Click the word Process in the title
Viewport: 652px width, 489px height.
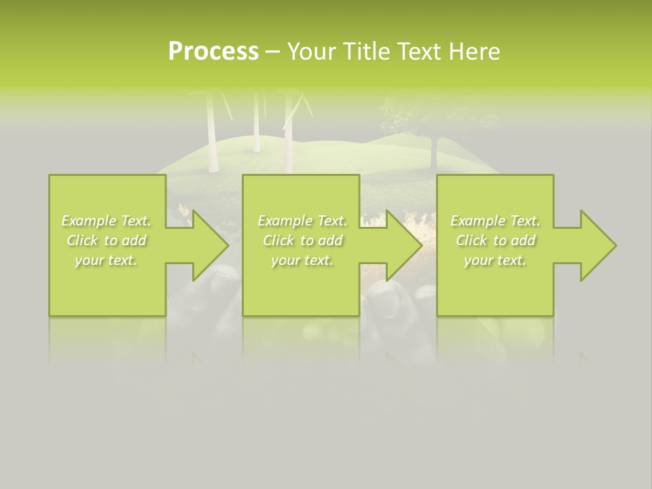coord(213,52)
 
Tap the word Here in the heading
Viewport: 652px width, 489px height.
coord(475,52)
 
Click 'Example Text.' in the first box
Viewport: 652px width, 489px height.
coord(106,221)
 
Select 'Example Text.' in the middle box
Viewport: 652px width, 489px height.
coord(302,221)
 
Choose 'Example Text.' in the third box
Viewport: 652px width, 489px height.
coord(495,221)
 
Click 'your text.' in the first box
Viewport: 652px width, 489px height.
coord(106,260)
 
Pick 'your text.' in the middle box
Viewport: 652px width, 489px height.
coord(302,260)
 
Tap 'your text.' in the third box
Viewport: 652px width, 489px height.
coord(495,260)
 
